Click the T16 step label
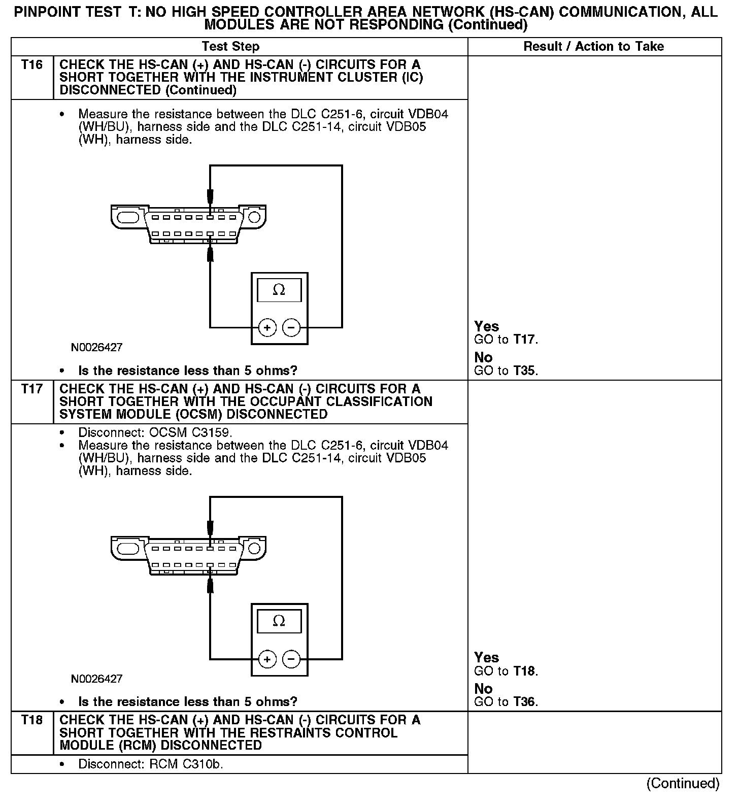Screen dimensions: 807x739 31,65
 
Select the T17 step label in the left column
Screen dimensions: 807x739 31,389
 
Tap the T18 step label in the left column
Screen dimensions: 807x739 31,720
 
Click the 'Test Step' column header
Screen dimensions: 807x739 230,47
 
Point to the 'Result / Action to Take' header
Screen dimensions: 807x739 593,47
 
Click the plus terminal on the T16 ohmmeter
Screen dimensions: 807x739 267,328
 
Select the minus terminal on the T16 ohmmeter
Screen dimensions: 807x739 291,328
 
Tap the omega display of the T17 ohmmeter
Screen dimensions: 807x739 279,621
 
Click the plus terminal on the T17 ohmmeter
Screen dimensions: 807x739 267,659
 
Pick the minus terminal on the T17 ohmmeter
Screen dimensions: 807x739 291,659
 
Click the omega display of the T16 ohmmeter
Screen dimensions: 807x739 279,290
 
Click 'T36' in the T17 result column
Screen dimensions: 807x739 524,702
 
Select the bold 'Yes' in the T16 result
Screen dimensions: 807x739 486,326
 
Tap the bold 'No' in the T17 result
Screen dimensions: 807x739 483,689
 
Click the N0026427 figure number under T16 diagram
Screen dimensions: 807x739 96,348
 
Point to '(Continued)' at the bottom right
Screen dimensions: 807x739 683,783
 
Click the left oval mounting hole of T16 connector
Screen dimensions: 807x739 127,217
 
